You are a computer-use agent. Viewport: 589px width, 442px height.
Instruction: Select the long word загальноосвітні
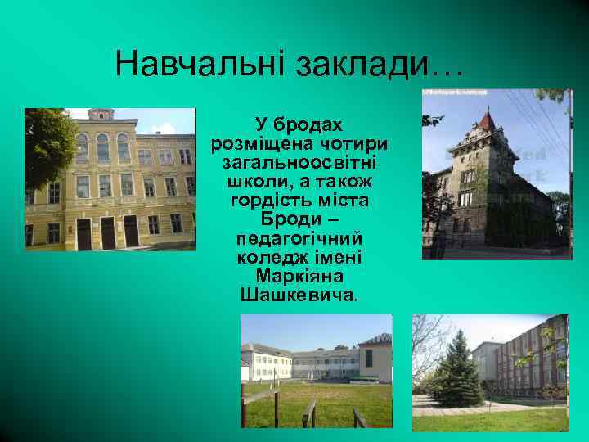click(299, 162)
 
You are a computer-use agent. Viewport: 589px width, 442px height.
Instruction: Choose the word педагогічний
click(299, 237)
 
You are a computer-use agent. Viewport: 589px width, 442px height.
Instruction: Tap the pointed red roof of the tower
click(488, 124)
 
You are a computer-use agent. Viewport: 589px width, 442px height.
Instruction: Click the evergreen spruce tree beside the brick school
click(455, 372)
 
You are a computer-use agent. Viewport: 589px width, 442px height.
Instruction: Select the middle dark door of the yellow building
click(107, 232)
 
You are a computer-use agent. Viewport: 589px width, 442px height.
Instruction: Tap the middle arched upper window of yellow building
click(102, 147)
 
